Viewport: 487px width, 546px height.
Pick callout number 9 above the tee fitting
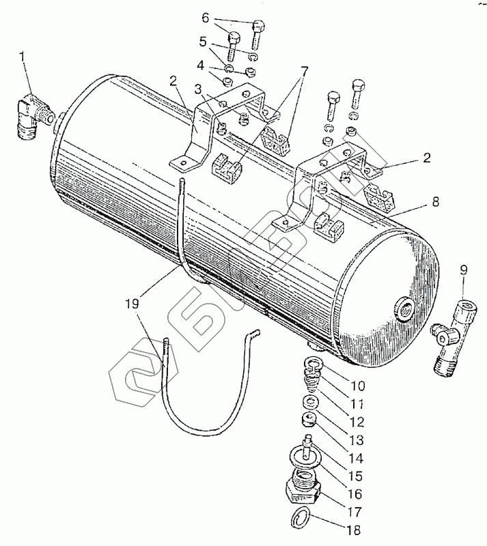pyautogui.click(x=463, y=270)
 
